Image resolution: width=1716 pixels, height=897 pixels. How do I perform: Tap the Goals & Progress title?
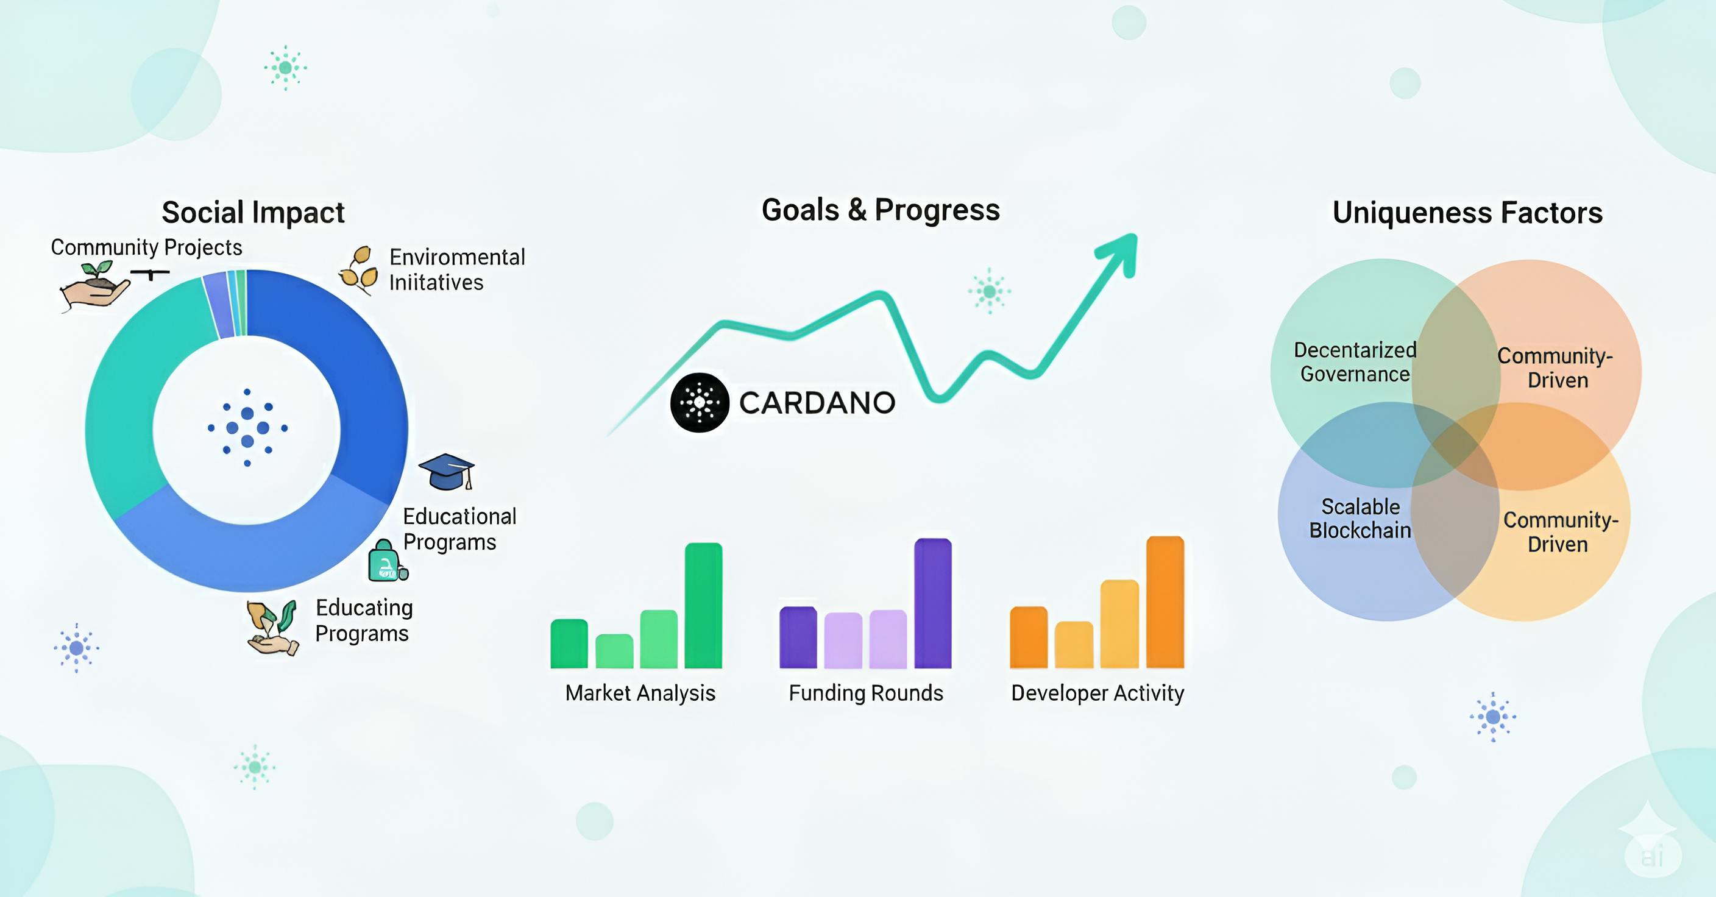tap(881, 210)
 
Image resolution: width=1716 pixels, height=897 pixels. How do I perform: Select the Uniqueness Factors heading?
tap(1467, 213)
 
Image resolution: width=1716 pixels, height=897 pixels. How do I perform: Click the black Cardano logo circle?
tap(700, 402)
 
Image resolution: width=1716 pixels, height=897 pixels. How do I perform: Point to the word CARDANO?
tap(817, 403)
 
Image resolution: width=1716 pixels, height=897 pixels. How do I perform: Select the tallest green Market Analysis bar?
tap(703, 605)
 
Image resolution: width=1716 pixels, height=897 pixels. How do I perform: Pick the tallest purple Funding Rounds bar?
tap(932, 603)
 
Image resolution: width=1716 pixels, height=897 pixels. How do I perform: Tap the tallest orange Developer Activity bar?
tap(1165, 602)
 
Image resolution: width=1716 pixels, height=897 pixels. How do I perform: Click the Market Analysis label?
tap(640, 693)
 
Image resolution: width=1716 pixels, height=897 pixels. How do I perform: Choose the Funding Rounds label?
tap(866, 693)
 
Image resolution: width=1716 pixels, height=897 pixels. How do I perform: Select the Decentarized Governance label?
tap(1355, 362)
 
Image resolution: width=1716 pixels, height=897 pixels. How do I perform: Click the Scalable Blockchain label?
tap(1360, 519)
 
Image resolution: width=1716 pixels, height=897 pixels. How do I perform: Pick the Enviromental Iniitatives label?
tap(457, 270)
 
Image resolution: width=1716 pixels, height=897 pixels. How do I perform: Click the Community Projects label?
tap(146, 247)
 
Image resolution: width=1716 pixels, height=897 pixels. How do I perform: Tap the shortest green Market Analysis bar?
tap(614, 651)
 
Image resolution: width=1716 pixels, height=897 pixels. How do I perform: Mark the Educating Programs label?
tap(364, 620)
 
